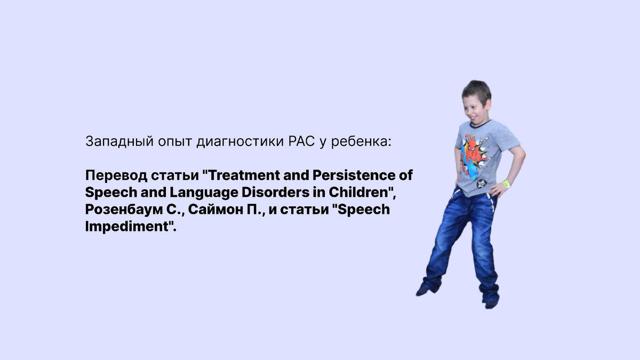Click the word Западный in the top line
click(119, 141)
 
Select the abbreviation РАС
click(301, 141)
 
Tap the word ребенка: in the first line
click(361, 141)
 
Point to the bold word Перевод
click(116, 175)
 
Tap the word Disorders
click(275, 192)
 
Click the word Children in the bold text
click(359, 192)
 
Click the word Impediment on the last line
click(127, 227)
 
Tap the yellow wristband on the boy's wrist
click(507, 183)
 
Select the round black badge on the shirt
click(482, 183)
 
